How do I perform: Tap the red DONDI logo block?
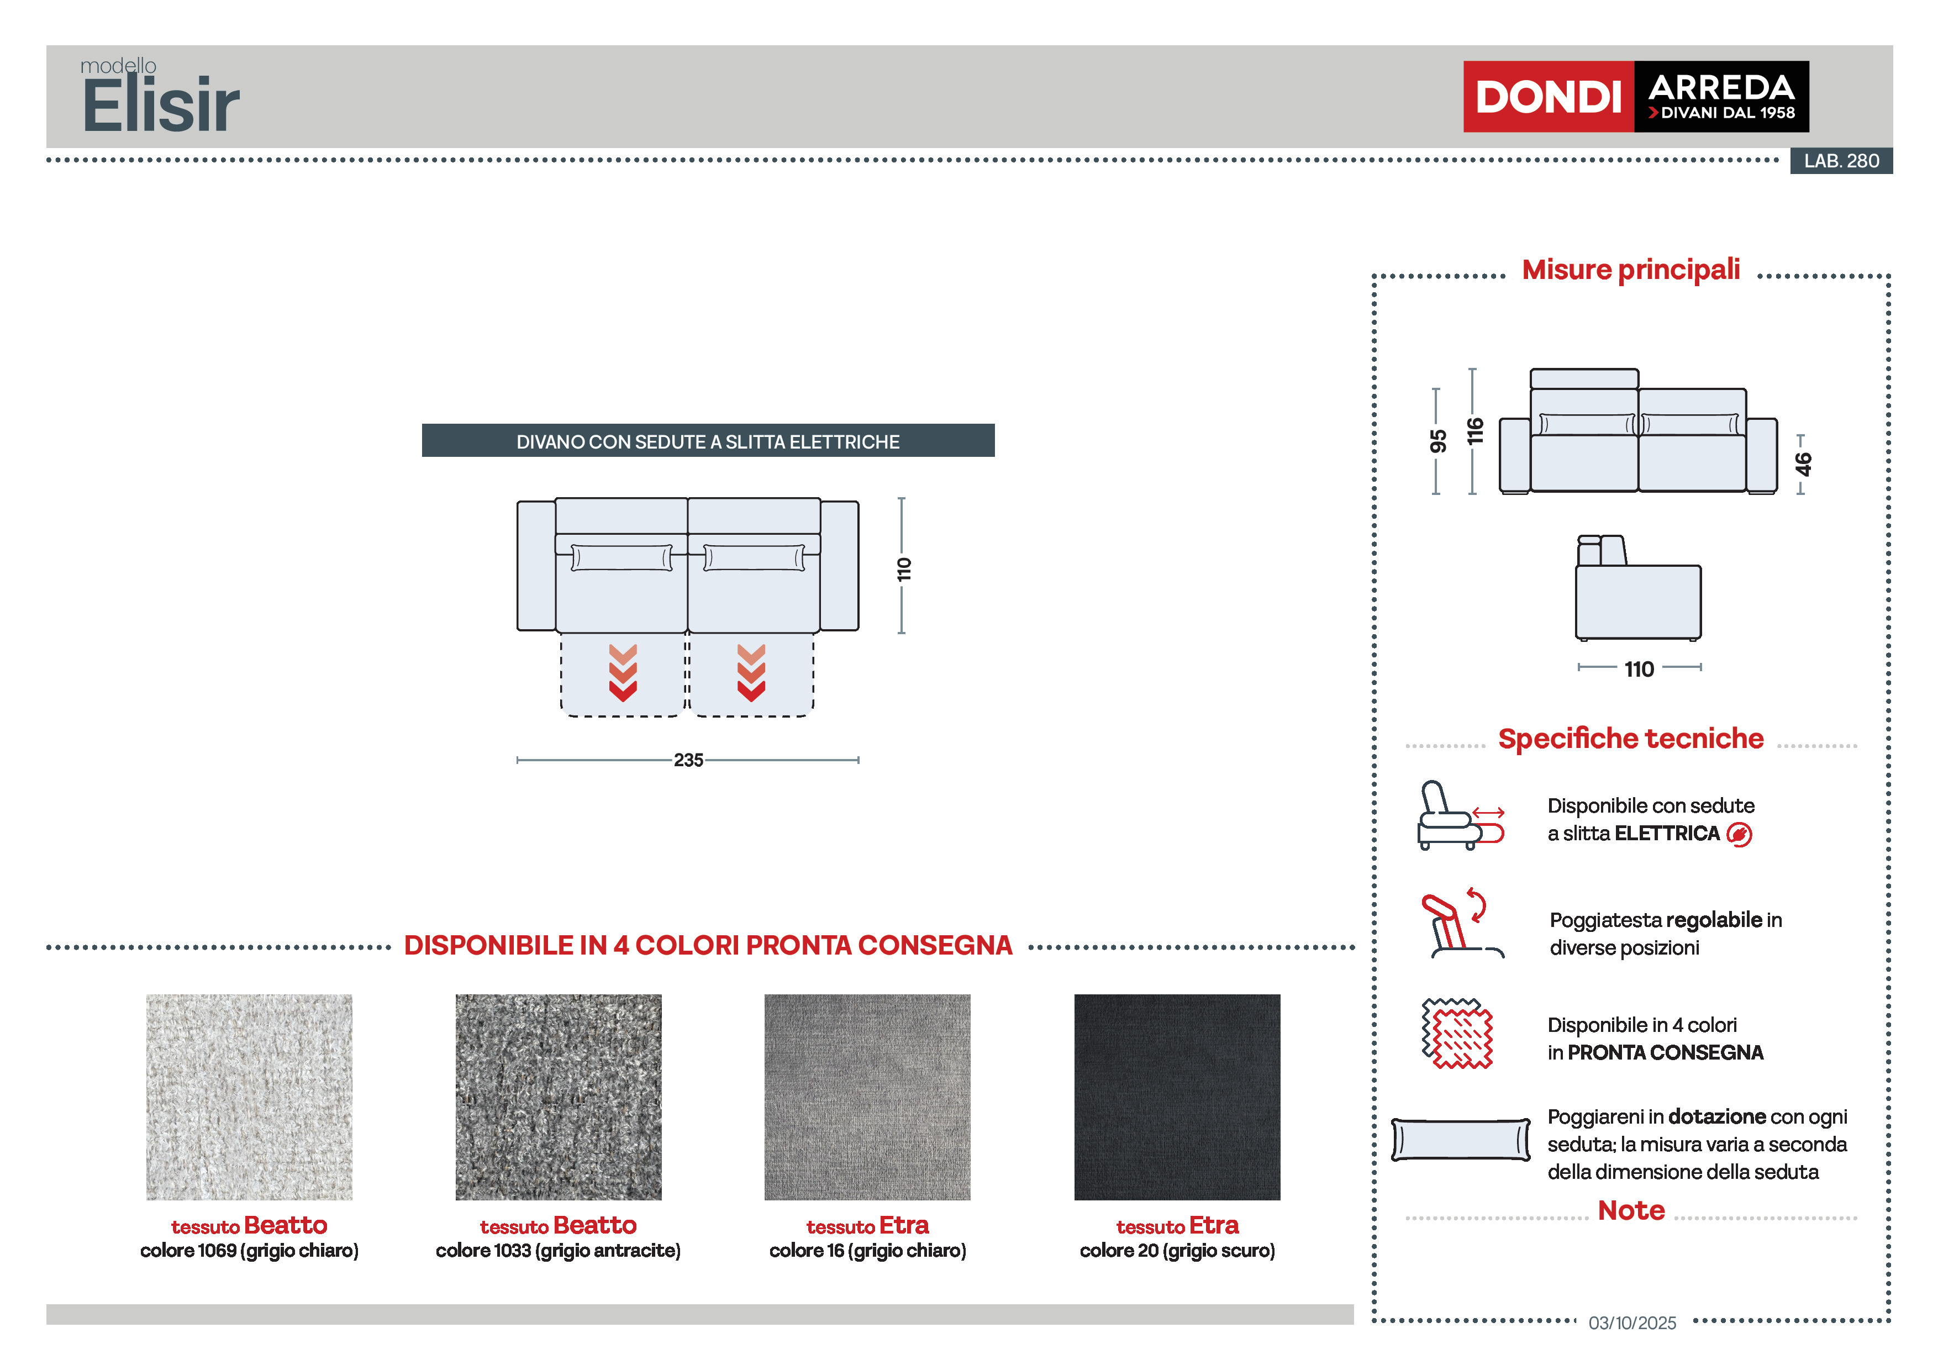[x=1547, y=96]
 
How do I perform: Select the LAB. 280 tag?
[x=1840, y=160]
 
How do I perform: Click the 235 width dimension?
[x=688, y=760]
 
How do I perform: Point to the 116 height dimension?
[x=1474, y=430]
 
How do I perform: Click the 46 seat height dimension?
[x=1802, y=463]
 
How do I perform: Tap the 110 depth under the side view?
[x=1639, y=670]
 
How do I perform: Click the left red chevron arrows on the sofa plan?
[x=623, y=673]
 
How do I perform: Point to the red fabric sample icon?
[x=1457, y=1033]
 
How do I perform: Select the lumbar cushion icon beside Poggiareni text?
[x=1460, y=1140]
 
